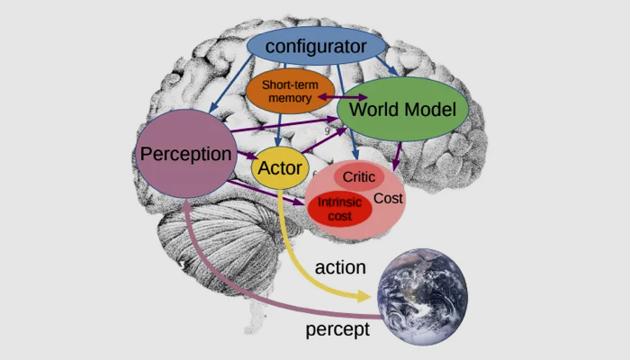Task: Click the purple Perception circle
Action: coord(186,154)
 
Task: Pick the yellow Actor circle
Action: coord(280,167)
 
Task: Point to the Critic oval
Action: coord(358,177)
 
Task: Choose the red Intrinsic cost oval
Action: coord(339,208)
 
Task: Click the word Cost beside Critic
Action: coord(388,198)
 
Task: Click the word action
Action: coord(340,267)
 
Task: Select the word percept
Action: coord(337,329)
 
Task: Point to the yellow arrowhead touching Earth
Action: coord(364,295)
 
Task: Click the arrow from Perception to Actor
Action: coord(243,157)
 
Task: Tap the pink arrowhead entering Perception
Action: coord(184,205)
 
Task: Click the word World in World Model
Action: coord(373,110)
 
